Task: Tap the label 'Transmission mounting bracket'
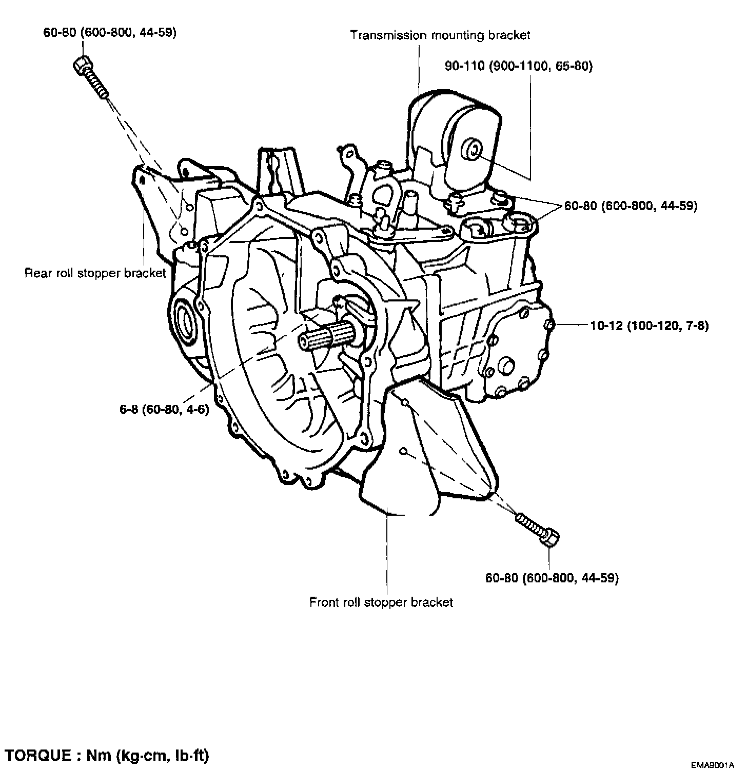[440, 35]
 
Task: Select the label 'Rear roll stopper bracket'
[95, 272]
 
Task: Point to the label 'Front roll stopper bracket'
[381, 601]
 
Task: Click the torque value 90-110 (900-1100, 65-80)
[519, 66]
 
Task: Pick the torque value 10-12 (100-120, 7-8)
[650, 326]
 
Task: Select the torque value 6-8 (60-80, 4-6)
[162, 410]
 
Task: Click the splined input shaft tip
[313, 340]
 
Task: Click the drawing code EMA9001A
[713, 765]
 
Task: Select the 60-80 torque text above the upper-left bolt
[110, 33]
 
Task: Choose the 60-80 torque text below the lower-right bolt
[552, 578]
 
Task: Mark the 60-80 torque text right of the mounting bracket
[631, 206]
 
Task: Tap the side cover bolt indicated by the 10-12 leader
[548, 326]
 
